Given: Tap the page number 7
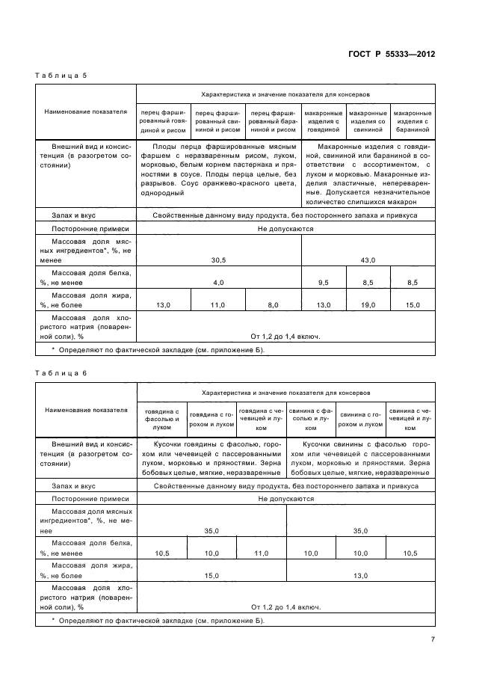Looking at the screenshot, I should click(x=432, y=639).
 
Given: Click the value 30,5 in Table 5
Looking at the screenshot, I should click(x=218, y=260).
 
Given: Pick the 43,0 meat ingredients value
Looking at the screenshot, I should click(x=368, y=260).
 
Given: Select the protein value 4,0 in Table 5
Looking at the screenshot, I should click(x=218, y=283).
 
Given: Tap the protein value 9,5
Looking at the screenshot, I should click(x=323, y=283).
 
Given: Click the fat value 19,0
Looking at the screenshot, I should click(x=368, y=305).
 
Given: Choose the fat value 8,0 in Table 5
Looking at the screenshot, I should click(x=273, y=305).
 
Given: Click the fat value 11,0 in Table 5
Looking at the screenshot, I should click(x=218, y=305).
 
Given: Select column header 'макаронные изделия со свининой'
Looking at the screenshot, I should click(x=368, y=121).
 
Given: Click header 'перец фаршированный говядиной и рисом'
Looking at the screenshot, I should click(x=163, y=121).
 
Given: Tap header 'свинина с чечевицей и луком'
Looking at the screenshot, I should click(x=410, y=420).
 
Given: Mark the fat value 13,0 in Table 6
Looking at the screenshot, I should click(x=361, y=576).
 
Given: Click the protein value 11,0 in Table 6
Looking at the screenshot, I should click(x=262, y=553).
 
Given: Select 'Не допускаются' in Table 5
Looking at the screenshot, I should click(x=285, y=229).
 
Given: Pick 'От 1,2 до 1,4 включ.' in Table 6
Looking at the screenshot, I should click(x=285, y=607).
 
